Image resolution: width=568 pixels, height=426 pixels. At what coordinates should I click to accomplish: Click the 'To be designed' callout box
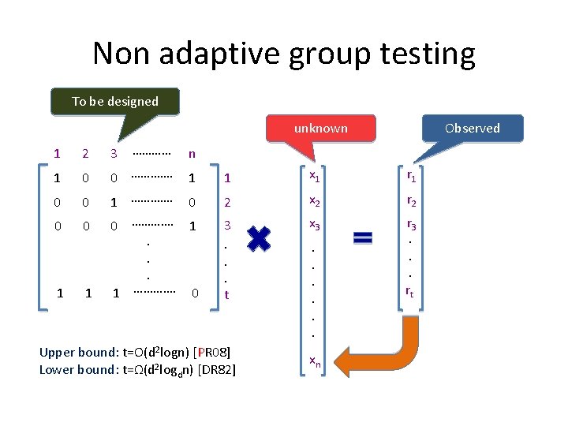[x=115, y=101]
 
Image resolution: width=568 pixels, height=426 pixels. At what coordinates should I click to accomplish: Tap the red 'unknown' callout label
[x=320, y=128]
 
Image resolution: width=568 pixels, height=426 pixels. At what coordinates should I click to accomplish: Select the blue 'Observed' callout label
[x=472, y=128]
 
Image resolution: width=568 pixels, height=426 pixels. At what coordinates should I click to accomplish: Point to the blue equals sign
[x=363, y=237]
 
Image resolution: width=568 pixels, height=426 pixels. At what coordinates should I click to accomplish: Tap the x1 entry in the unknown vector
[x=314, y=175]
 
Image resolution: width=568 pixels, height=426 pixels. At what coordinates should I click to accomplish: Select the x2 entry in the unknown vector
[x=314, y=200]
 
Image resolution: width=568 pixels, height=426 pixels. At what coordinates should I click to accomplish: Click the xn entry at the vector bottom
[x=314, y=361]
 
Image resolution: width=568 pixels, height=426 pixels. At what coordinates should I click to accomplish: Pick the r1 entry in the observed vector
[x=411, y=176]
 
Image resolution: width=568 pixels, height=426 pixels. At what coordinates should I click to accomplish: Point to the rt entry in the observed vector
[x=410, y=293]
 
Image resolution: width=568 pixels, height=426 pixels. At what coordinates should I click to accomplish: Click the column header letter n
[x=192, y=153]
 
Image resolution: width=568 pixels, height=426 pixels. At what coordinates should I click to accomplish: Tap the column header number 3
[x=114, y=153]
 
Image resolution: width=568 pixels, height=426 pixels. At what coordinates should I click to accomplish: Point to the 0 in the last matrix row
[x=195, y=293]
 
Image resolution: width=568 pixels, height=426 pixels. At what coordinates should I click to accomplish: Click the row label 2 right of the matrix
[x=227, y=203]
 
